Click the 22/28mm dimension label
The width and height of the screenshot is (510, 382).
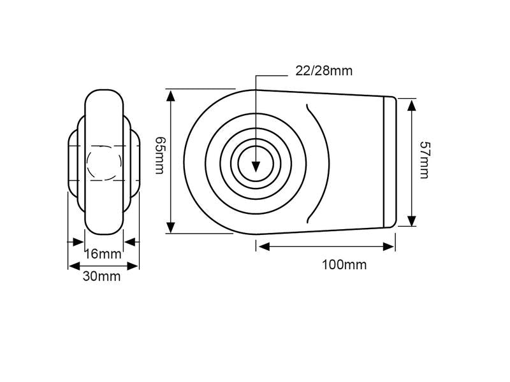click(x=324, y=71)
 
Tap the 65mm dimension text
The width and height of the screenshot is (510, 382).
click(x=160, y=155)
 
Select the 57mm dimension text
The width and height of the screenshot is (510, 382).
click(x=425, y=160)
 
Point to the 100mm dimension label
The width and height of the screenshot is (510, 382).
click(x=344, y=265)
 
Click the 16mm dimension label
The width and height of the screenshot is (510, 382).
click(x=103, y=253)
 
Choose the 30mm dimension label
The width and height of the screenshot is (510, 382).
click(x=101, y=276)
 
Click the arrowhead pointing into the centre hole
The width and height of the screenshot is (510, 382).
click(x=256, y=166)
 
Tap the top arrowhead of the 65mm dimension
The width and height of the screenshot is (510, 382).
click(x=171, y=97)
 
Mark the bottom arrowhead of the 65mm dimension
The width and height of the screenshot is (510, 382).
click(x=171, y=227)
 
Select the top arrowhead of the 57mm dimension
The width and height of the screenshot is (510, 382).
click(x=412, y=106)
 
